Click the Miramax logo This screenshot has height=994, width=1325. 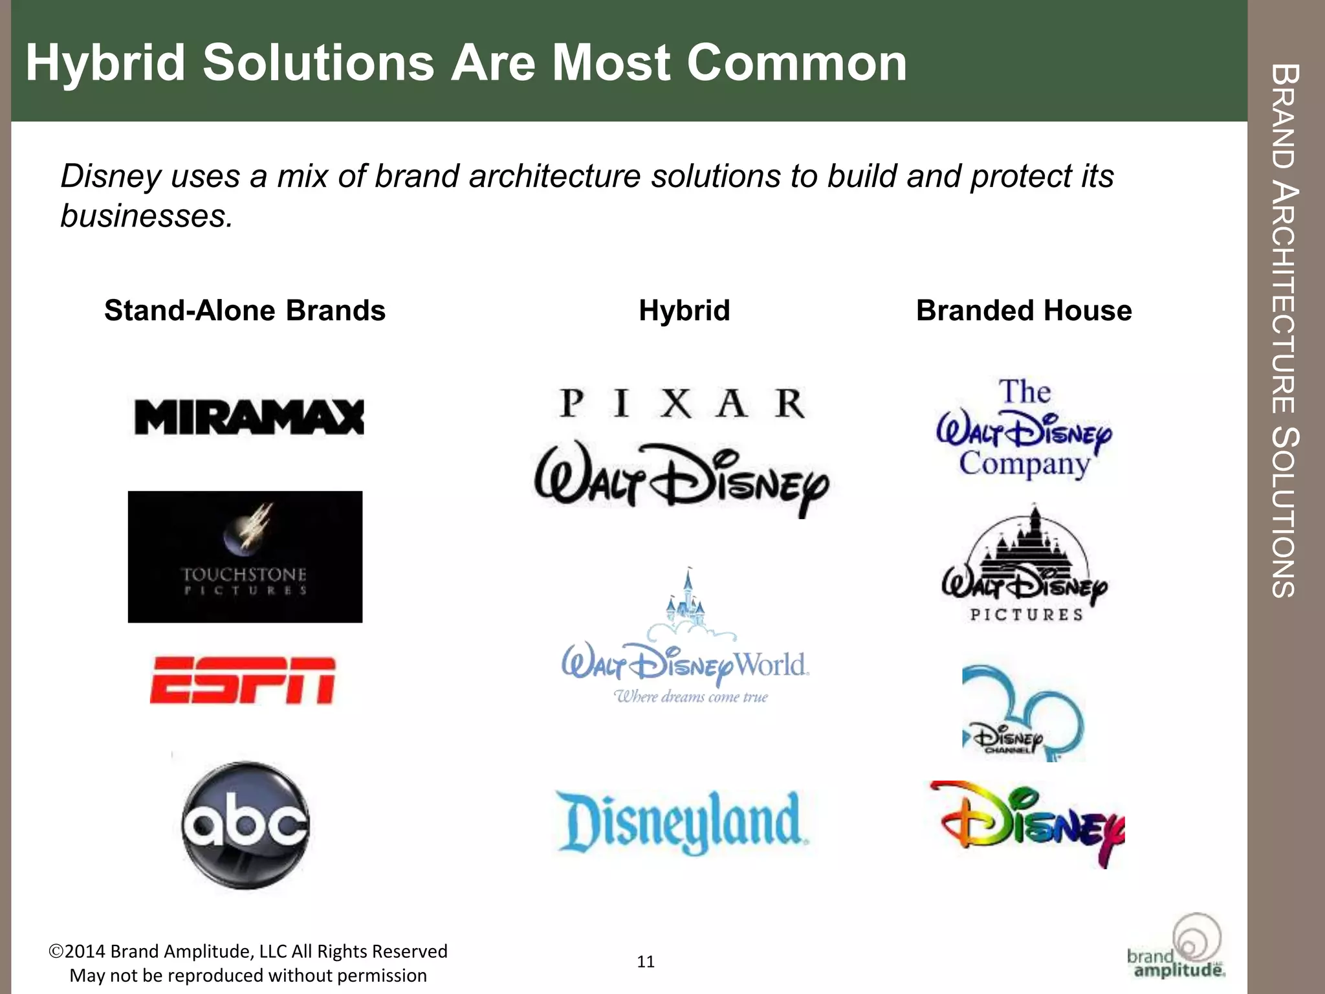249,417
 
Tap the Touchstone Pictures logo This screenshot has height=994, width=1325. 245,557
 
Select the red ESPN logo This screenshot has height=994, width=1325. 243,680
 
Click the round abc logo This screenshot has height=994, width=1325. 246,824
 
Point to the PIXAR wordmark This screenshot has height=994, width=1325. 683,404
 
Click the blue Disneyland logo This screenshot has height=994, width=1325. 683,822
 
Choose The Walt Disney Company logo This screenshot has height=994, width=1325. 1025,428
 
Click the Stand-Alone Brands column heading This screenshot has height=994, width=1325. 245,311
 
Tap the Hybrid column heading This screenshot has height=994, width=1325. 684,311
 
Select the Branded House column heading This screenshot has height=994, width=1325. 1024,311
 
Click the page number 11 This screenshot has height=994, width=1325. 646,962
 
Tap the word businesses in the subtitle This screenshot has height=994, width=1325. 146,215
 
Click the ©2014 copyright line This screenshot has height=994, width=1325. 248,951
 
